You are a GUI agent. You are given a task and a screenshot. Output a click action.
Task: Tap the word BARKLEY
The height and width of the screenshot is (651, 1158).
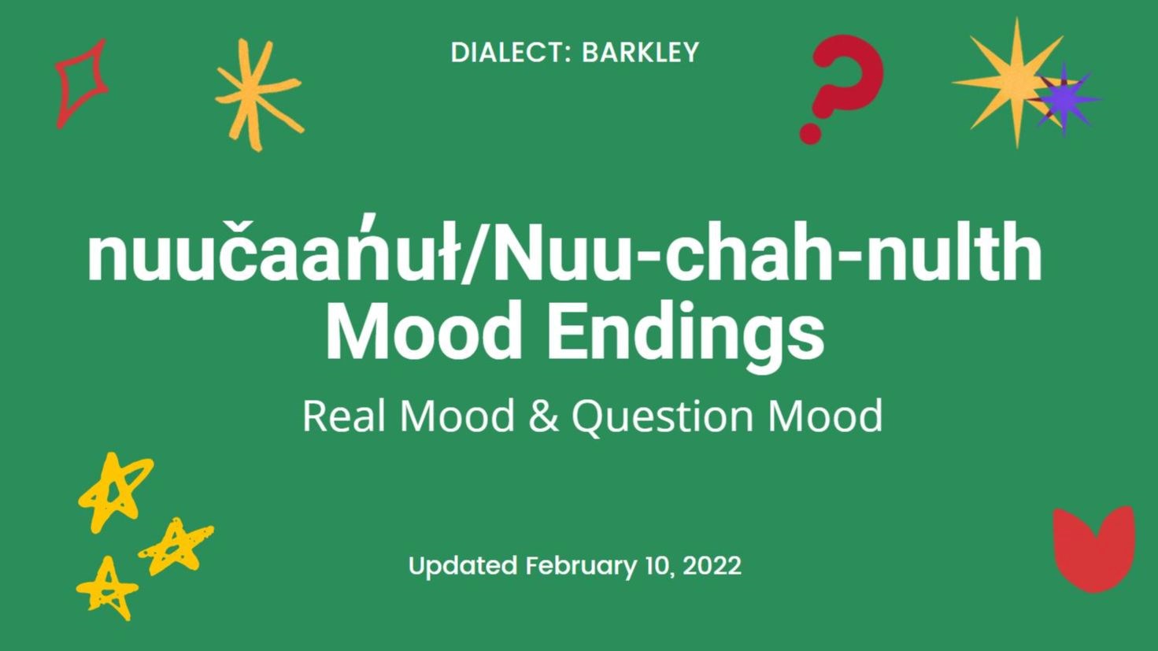640,53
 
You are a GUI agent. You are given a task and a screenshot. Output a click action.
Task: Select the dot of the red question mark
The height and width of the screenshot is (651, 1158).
811,132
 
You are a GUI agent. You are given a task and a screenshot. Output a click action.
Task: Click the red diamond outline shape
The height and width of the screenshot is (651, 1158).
80,83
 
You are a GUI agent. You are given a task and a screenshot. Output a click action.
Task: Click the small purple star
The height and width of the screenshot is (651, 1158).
1064,99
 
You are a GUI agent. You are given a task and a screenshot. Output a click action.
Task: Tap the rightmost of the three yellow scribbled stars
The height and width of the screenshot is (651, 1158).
176,546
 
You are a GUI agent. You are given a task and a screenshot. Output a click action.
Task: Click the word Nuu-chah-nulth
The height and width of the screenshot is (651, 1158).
768,253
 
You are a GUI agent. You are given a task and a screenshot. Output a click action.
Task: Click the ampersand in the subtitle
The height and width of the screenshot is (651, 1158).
543,416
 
